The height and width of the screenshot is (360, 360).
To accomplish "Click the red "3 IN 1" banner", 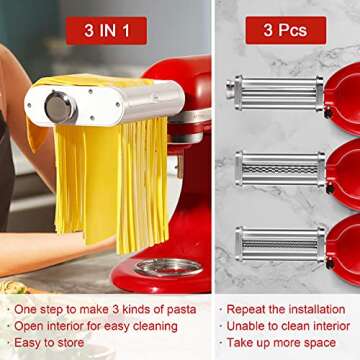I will pyautogui.click(x=106, y=30).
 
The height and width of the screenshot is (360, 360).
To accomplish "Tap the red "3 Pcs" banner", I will pyautogui.click(x=284, y=30).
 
